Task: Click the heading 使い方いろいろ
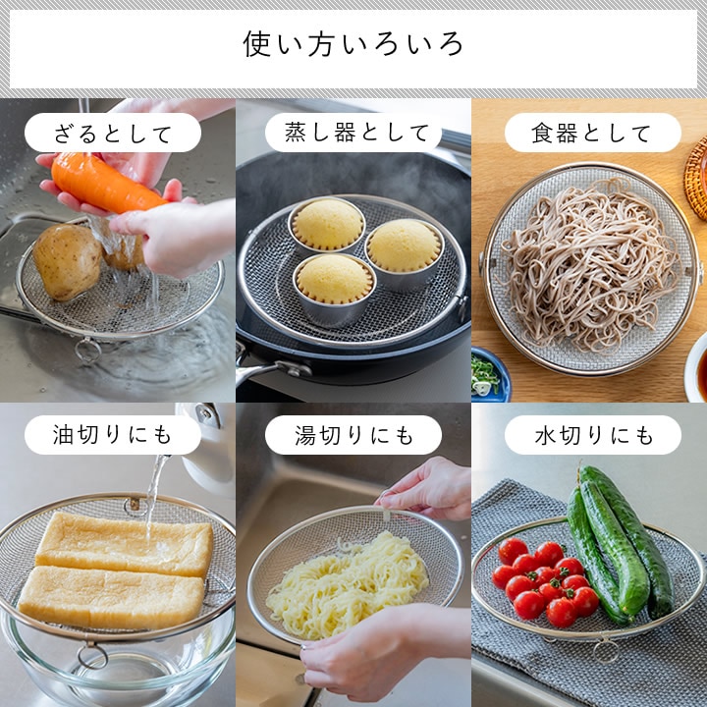pos(353,44)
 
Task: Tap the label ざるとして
pos(112,134)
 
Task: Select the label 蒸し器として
pos(353,134)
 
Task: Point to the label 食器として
pos(592,134)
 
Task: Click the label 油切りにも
pos(112,435)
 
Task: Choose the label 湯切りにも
pos(353,435)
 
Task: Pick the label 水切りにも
pos(592,435)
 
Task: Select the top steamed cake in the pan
pos(328,224)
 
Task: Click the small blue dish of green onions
pos(487,373)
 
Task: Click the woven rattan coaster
pos(697,177)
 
